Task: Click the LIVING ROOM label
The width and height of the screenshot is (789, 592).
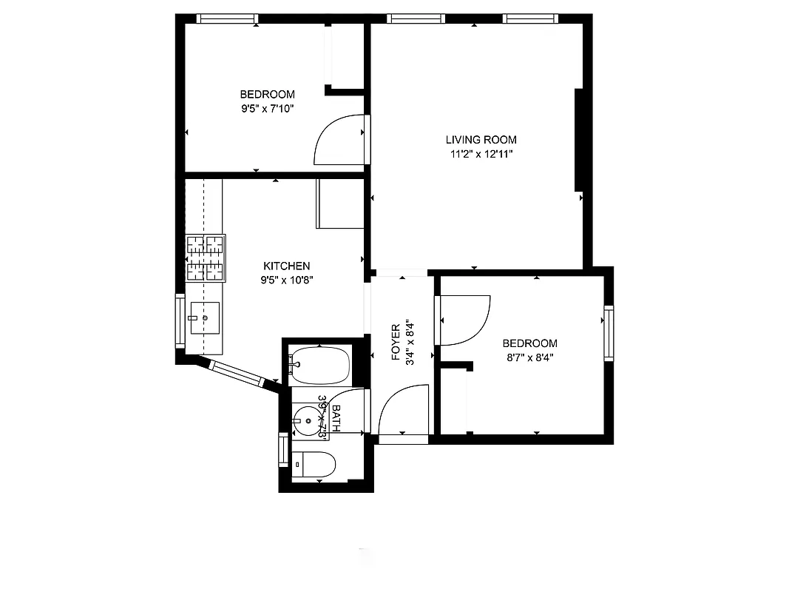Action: pos(481,139)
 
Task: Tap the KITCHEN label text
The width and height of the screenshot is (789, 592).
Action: pos(286,266)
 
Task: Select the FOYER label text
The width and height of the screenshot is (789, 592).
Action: pos(395,341)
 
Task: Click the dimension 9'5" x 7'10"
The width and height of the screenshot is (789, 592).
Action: pos(267,108)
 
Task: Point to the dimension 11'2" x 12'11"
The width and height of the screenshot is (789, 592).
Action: pos(481,154)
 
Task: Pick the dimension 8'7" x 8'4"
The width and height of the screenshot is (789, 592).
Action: pos(529,357)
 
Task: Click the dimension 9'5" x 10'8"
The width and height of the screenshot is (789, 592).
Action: pos(286,280)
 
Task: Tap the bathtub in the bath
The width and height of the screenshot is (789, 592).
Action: pos(320,364)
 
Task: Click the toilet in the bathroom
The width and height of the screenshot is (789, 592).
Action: pos(315,465)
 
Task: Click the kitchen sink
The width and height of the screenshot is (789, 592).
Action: pos(205,317)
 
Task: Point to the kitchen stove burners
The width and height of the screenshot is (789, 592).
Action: pos(205,258)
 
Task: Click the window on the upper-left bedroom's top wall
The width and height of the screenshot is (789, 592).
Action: pos(227,19)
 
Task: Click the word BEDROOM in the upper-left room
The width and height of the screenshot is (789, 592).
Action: pos(267,94)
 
